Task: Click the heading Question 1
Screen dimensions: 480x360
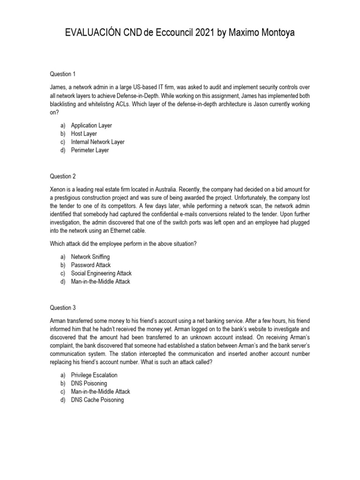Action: coord(63,74)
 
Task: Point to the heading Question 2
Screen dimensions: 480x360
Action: coord(63,176)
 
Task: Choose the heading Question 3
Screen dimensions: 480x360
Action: coord(63,307)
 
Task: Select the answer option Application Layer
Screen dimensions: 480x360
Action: coord(91,126)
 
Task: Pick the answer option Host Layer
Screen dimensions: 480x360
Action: coord(84,134)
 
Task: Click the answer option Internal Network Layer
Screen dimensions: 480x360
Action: coord(97,142)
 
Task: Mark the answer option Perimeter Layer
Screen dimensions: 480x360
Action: coord(90,150)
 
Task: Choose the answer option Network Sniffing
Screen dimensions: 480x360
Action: coord(90,257)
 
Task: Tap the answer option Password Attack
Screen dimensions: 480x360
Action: coord(91,265)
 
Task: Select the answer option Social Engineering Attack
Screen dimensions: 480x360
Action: coord(101,273)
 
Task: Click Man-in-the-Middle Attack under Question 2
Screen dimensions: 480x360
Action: coord(100,281)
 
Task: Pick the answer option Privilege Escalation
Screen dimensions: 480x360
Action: coord(94,375)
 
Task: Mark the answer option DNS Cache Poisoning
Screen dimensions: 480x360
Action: coord(97,400)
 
